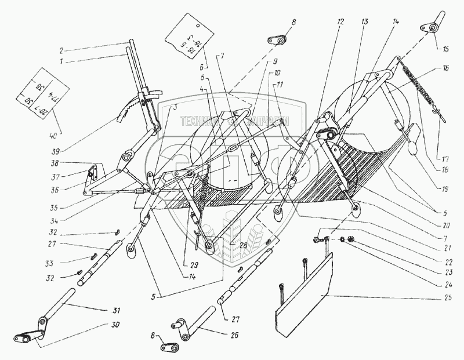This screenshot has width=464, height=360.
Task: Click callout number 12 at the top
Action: (340, 21)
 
